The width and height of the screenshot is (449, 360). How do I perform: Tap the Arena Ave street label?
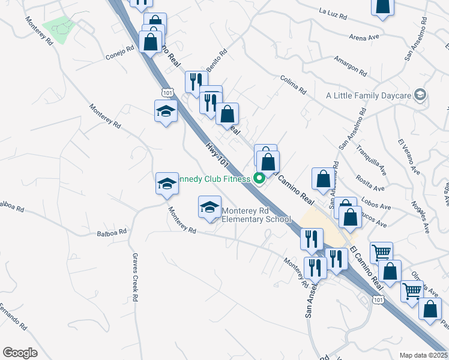point(365,37)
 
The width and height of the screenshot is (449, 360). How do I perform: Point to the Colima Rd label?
point(293,85)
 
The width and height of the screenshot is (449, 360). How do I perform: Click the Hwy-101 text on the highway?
point(217,154)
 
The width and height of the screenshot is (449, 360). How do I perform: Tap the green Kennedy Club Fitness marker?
point(260,178)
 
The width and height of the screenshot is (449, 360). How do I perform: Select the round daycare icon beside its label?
point(420,95)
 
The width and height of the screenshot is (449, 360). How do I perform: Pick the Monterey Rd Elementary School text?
point(256,215)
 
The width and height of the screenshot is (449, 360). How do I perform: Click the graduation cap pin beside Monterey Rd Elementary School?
point(209,208)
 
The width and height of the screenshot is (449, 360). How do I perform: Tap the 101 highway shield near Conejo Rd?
point(167,92)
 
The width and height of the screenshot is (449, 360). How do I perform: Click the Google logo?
point(20,353)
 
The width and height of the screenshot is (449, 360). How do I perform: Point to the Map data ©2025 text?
point(423,355)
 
